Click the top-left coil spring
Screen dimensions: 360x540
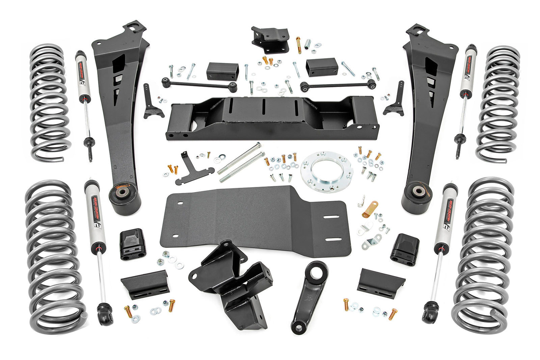click(x=50, y=101)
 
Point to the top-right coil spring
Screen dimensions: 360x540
click(x=498, y=103)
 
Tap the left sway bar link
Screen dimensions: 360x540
click(x=199, y=84)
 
